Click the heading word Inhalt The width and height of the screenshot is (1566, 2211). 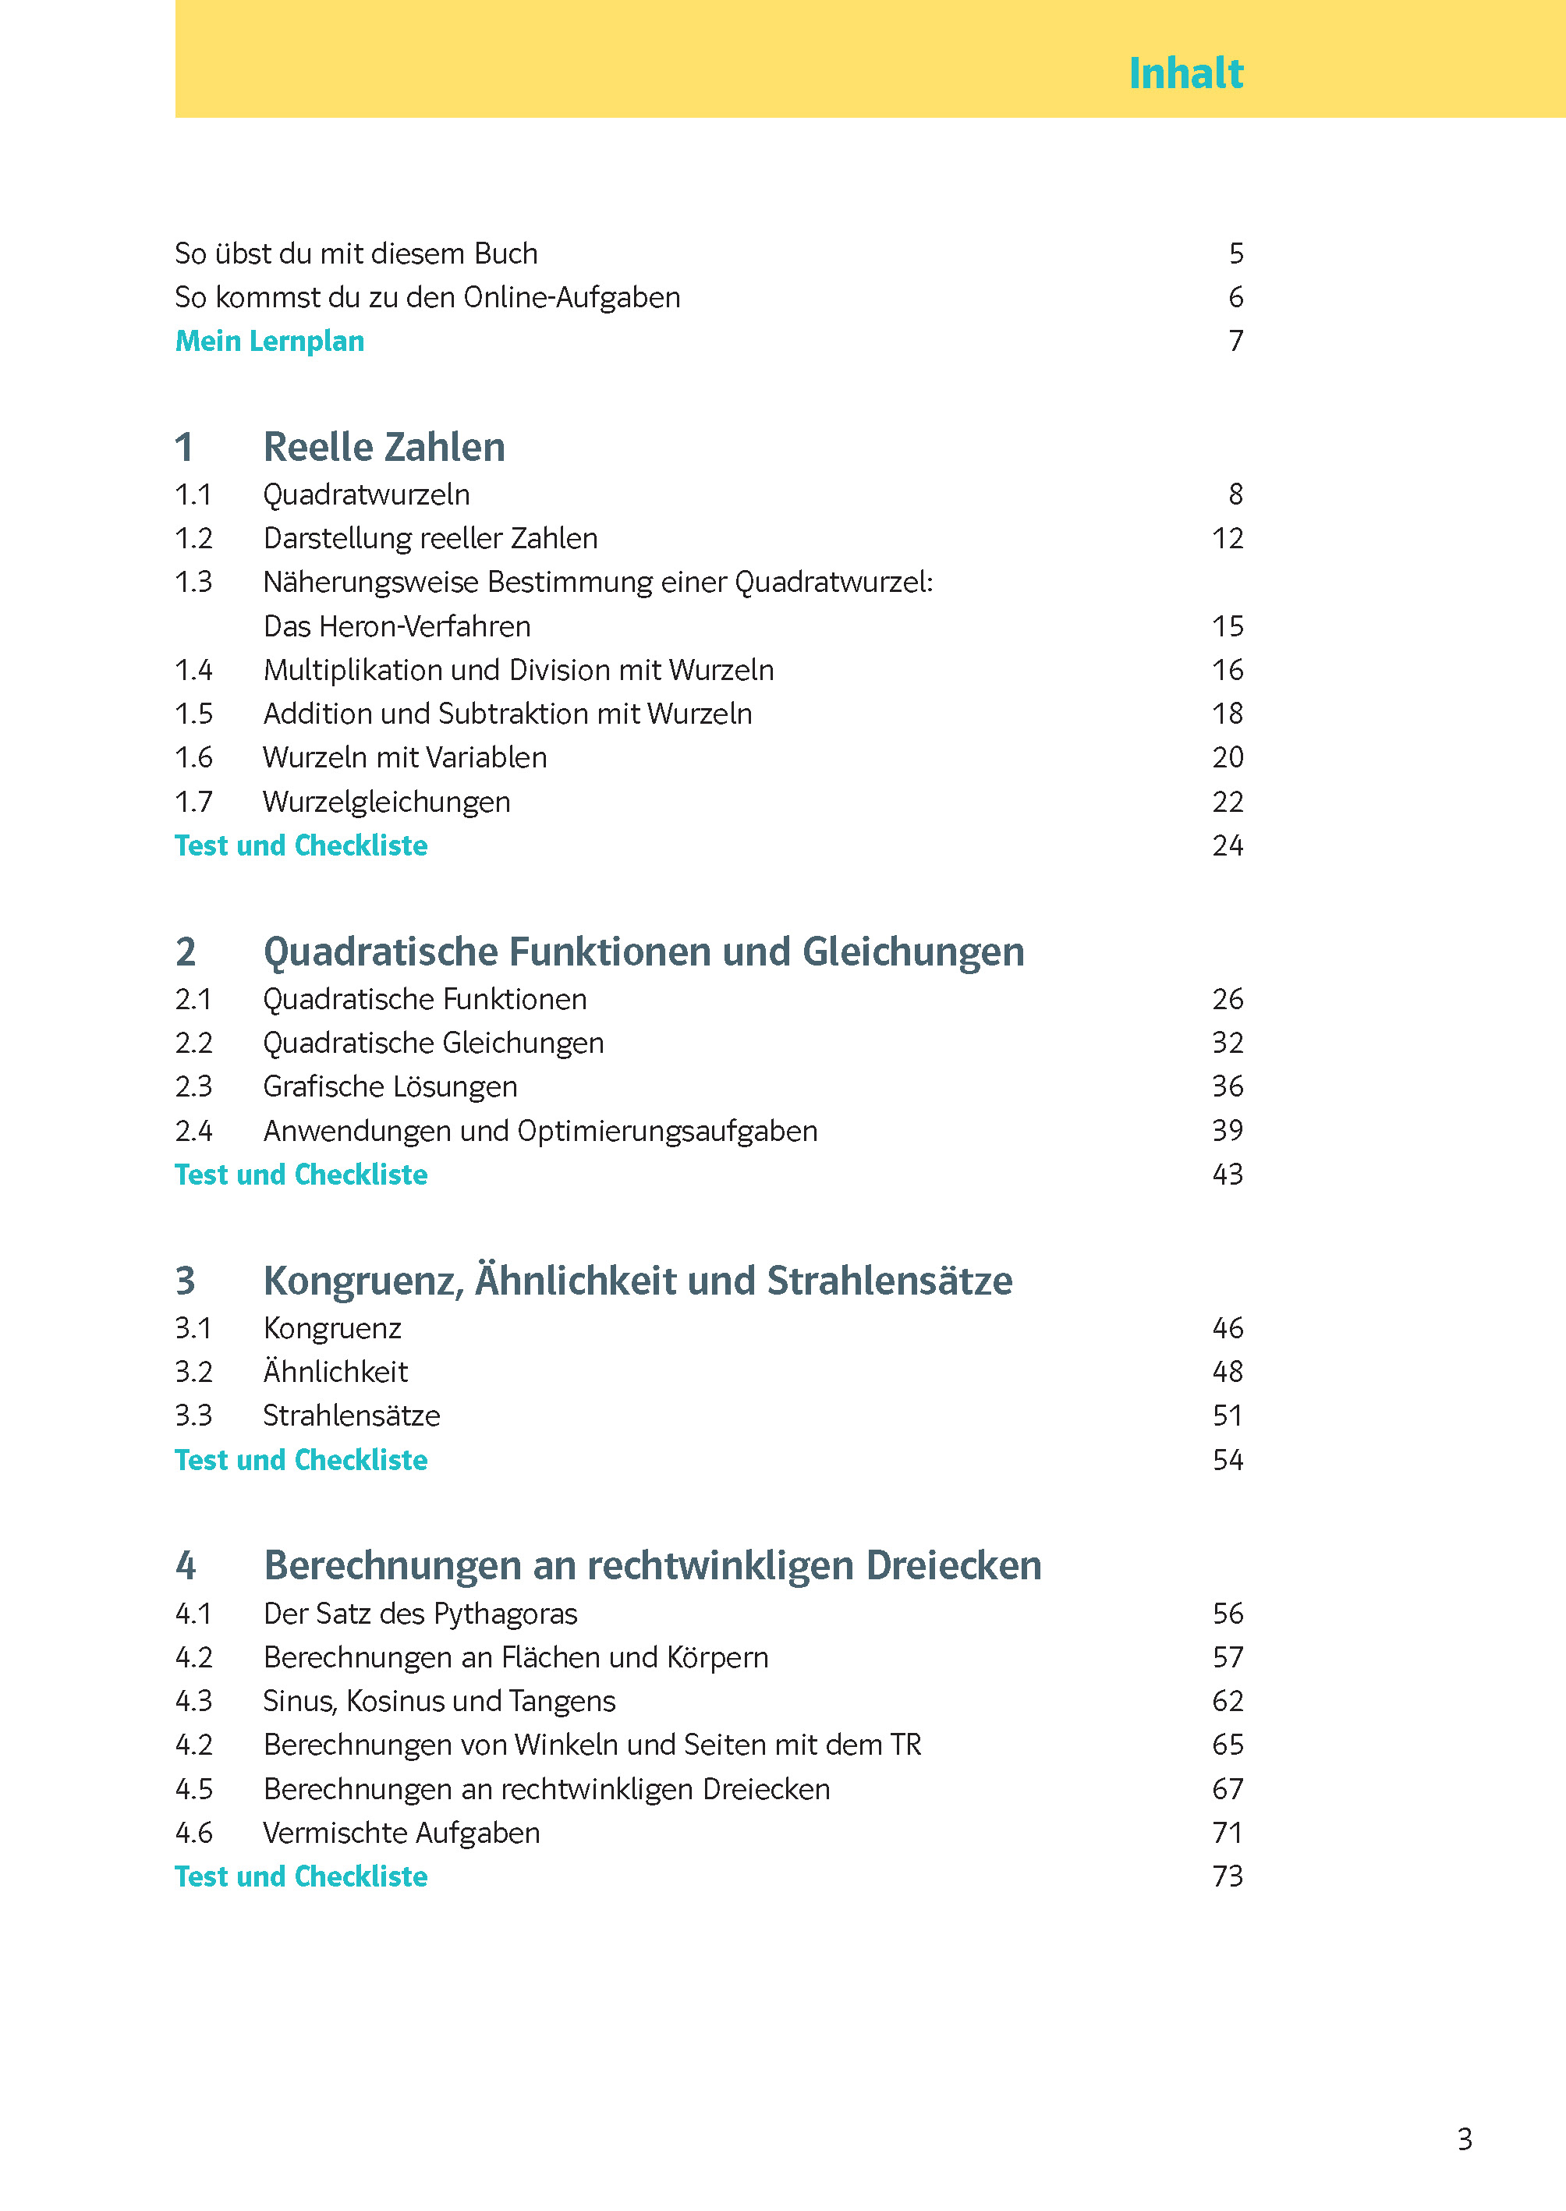(1185, 73)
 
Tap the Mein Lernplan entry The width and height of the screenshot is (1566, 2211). (269, 342)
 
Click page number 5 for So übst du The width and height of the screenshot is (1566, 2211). (1235, 253)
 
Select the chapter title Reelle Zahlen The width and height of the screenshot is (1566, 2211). (384, 448)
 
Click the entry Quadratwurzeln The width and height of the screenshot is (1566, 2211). (367, 494)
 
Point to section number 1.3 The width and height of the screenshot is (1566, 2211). (193, 583)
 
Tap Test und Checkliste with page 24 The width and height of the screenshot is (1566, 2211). (301, 845)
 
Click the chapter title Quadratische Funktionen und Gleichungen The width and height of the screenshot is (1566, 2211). (643, 951)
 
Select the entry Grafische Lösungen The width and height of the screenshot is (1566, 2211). (390, 1086)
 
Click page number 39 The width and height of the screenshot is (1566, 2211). (1227, 1130)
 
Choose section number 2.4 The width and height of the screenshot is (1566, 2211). (193, 1131)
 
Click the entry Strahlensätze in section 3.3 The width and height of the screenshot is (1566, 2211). (351, 1416)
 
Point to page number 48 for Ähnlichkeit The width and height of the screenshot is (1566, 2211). (1227, 1372)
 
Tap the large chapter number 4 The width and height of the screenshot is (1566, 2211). (185, 1566)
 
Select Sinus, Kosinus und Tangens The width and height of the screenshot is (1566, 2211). (439, 1701)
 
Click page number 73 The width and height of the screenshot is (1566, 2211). (1227, 1876)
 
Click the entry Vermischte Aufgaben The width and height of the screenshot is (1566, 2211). (401, 1833)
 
